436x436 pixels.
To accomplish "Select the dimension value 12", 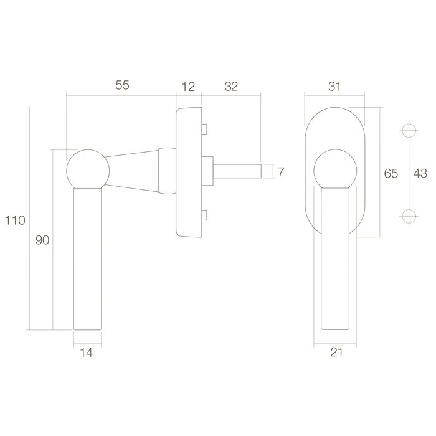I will (188, 86).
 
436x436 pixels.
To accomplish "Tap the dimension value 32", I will (230, 86).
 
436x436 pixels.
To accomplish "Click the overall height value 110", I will (14, 220).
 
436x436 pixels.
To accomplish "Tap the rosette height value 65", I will (390, 174).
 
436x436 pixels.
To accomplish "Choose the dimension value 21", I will (337, 353).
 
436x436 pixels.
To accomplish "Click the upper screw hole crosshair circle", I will (408, 131).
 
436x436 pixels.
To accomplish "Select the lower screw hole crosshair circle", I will (408, 216).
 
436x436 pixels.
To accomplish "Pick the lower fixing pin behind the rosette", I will (204, 216).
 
